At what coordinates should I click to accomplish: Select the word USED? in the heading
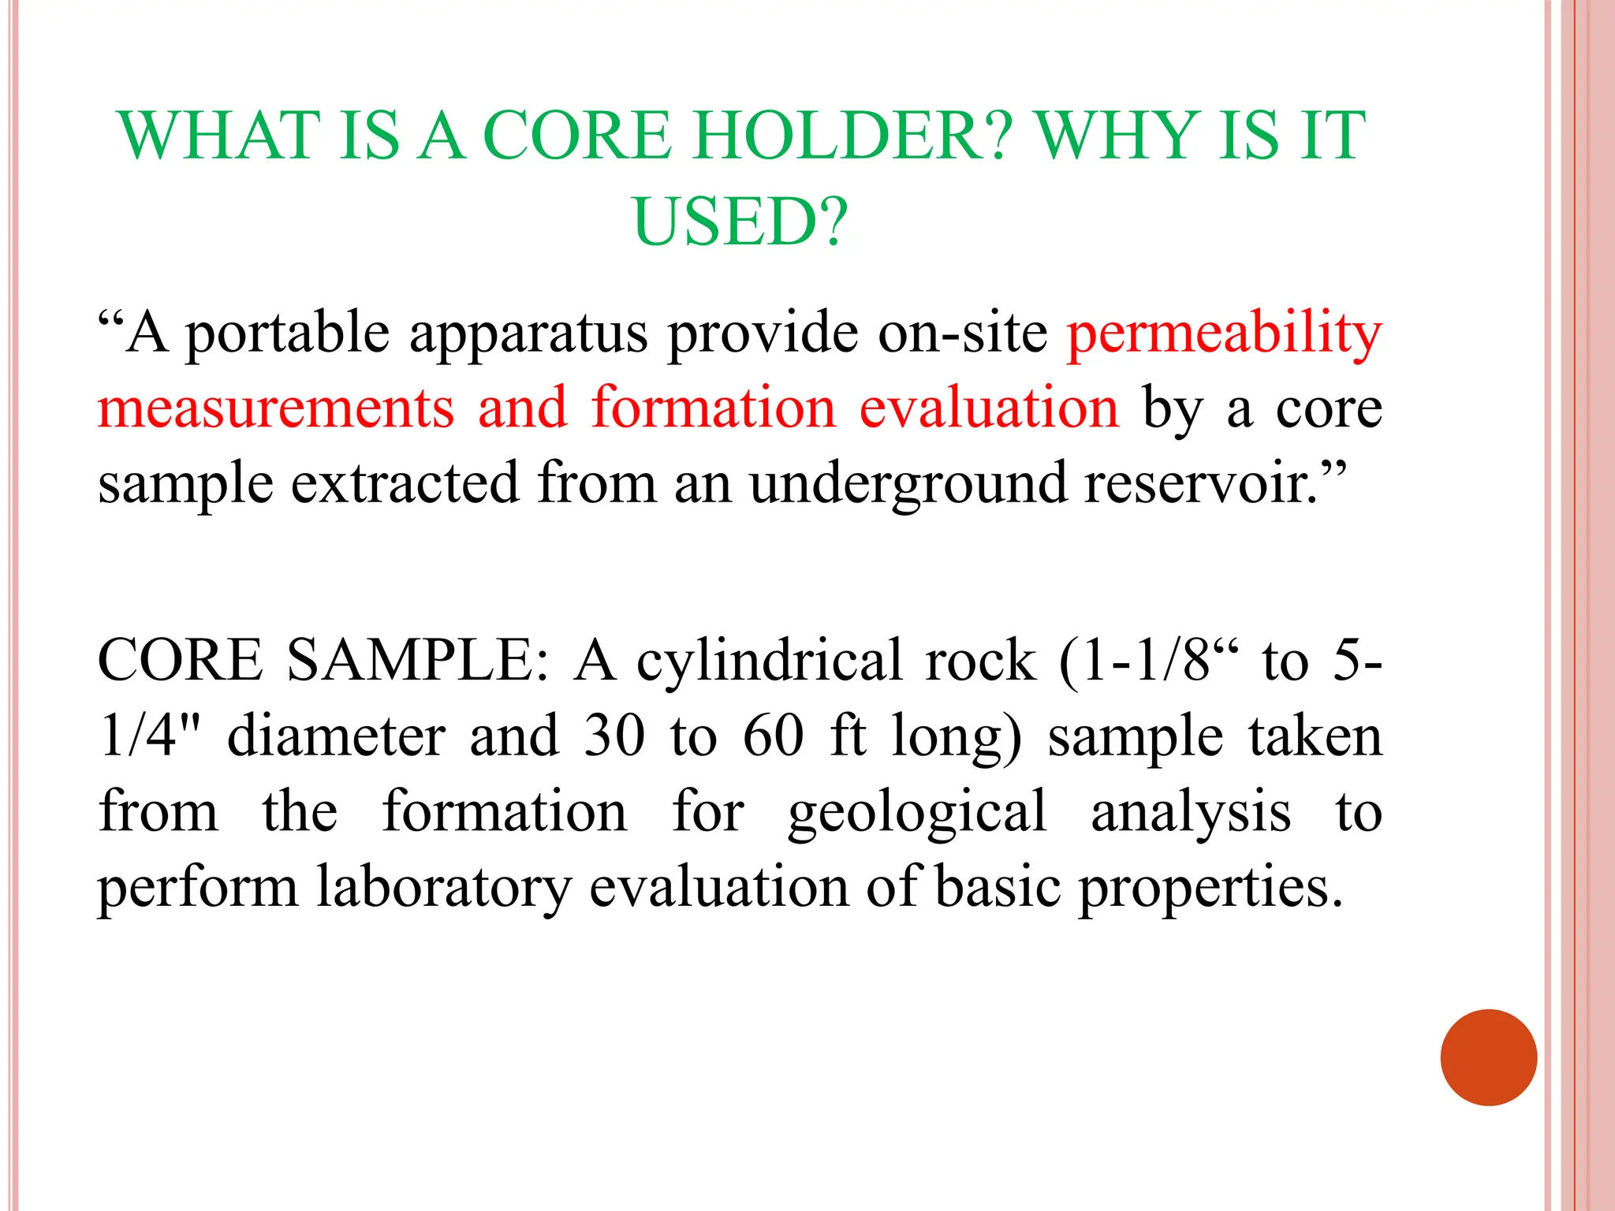coord(740,222)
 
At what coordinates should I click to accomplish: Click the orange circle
coord(1488,1057)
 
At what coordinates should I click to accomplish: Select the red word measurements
coord(276,408)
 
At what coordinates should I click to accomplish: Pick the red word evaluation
coord(989,408)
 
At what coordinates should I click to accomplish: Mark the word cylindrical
coord(770,661)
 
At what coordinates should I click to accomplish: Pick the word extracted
coord(405,483)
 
